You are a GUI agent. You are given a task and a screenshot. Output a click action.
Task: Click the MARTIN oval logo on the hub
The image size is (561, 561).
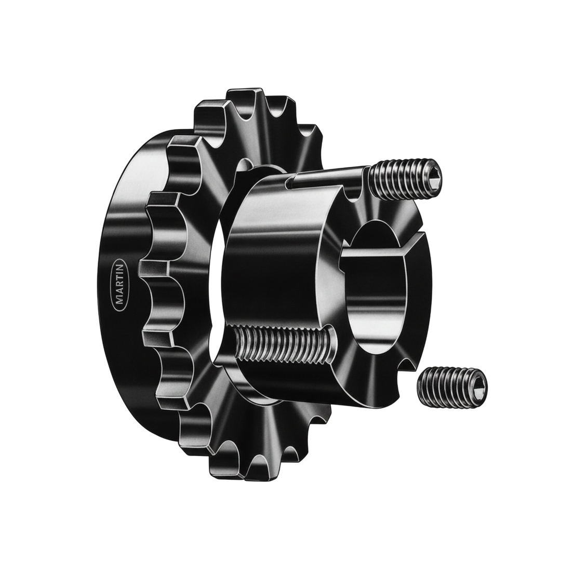(118, 284)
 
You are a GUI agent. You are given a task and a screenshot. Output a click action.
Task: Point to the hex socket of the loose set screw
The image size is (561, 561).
(478, 383)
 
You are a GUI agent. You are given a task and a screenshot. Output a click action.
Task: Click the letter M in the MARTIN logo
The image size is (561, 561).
(119, 301)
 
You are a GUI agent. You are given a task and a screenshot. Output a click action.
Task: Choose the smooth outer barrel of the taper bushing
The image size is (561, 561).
(270, 260)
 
